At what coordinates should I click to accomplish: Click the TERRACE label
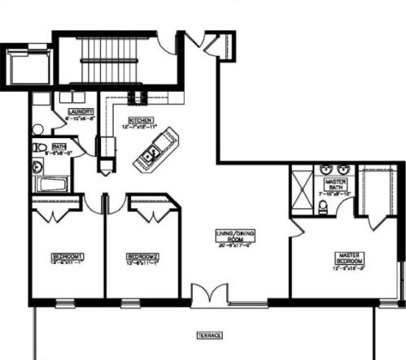[x=210, y=335]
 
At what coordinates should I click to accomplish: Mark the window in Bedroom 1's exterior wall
[x=61, y=304]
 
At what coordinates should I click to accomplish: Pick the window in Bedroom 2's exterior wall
[x=129, y=304]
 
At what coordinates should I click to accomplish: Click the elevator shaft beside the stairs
[x=28, y=65]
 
